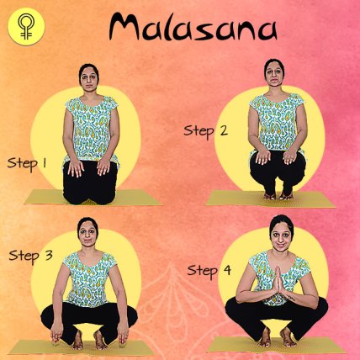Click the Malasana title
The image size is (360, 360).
193,27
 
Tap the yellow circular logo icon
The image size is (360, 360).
26,27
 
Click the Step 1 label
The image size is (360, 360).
27,164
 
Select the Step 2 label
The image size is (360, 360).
205,131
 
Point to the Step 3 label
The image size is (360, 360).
30,256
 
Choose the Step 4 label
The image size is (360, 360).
209,271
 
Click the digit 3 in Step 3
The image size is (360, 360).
49,255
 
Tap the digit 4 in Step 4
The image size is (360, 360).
227,270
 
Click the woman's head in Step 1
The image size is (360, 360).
89,78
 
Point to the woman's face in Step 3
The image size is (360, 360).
87,233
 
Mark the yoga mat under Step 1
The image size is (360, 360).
93,198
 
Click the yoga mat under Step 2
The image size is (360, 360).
271,199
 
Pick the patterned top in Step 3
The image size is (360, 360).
88,279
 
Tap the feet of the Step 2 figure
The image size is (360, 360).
278,196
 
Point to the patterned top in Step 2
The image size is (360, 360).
277,122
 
